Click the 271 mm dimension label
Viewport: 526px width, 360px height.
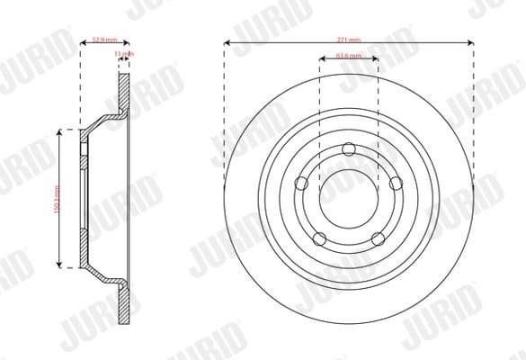tap(348, 40)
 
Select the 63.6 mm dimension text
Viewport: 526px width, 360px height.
tap(349, 57)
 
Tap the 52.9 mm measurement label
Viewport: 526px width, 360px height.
tap(102, 40)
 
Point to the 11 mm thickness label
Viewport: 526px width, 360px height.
tap(125, 55)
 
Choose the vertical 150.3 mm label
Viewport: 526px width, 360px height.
tap(55, 198)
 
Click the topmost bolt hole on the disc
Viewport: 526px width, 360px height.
tap(349, 149)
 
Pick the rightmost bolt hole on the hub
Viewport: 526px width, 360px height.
tap(395, 183)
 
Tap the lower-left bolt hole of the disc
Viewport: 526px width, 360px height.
tap(319, 238)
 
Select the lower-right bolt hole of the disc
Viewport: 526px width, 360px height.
tap(378, 238)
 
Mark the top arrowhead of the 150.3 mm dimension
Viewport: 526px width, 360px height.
tap(61, 131)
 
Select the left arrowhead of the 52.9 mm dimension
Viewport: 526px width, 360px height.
tap(83, 43)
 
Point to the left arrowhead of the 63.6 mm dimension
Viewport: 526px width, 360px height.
tap(322, 60)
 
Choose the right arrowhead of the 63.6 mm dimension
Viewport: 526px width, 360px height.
tap(377, 60)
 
